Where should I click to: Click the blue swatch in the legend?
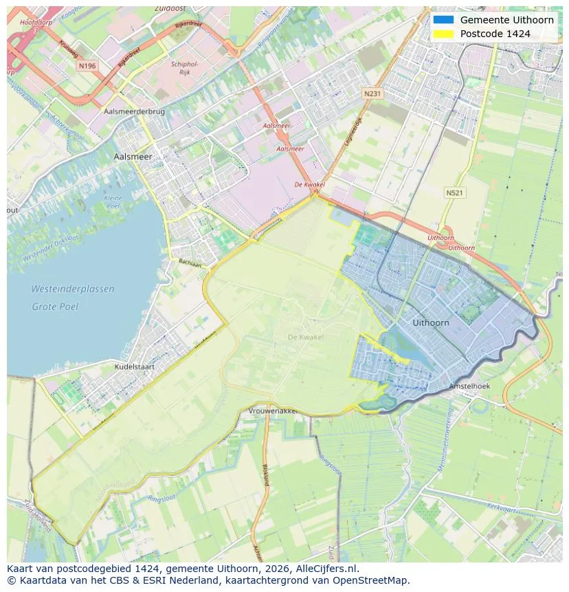(443, 20)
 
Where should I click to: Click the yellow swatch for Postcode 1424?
(443, 34)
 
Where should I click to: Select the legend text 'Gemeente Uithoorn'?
(506, 20)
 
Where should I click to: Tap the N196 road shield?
(87, 66)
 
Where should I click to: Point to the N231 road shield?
(372, 93)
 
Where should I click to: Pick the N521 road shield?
(454, 193)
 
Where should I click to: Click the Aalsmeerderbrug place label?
(133, 111)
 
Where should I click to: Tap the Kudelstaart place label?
(135, 366)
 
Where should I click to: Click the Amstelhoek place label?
(469, 386)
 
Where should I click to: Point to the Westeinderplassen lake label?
(73, 289)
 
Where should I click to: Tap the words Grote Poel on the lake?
(55, 307)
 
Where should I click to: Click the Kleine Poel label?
(113, 202)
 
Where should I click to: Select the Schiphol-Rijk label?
(184, 67)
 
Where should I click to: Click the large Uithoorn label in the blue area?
(431, 322)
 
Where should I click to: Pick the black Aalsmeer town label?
(133, 157)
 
